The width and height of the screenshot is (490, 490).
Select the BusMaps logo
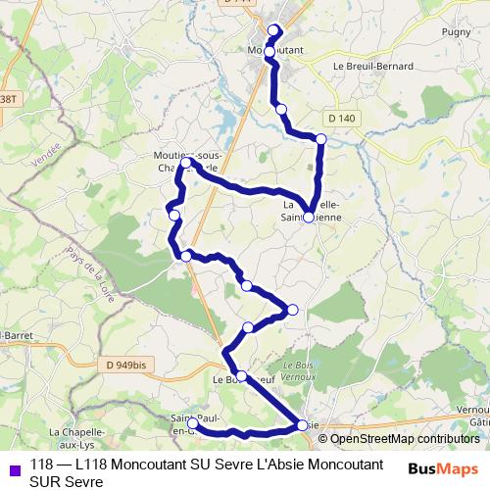click(x=443, y=468)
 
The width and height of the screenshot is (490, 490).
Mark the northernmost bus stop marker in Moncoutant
click(x=273, y=29)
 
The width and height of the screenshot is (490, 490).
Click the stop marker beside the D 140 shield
click(x=320, y=139)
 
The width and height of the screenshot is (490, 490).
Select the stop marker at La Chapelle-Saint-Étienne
click(x=309, y=218)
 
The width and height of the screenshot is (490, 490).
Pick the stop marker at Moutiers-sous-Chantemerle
click(x=187, y=163)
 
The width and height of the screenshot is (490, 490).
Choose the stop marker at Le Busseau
click(x=241, y=375)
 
